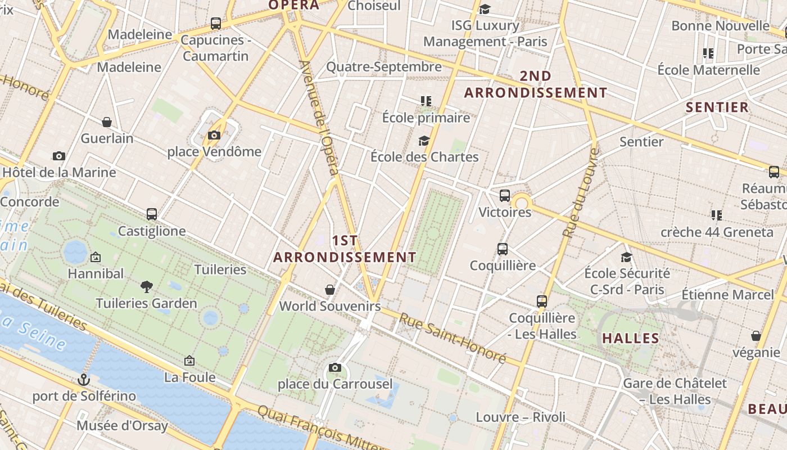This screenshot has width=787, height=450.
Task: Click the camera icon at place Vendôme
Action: point(214,135)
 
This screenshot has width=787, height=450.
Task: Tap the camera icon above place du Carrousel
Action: point(335,368)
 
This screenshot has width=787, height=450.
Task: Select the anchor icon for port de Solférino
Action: point(84,380)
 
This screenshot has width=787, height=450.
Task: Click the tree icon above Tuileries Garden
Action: point(147,287)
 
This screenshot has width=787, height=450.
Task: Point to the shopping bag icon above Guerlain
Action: point(107,122)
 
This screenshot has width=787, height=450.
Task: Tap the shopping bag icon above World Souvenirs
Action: point(331,290)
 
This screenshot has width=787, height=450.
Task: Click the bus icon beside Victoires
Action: point(505,196)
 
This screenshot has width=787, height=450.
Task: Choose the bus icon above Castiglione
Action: point(152,214)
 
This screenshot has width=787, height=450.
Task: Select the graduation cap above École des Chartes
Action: point(424,141)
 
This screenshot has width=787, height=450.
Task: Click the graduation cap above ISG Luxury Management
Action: point(485,9)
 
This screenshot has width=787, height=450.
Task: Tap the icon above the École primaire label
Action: point(426,101)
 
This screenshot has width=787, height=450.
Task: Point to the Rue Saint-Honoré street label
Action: point(453,337)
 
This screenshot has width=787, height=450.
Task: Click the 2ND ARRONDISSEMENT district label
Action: point(535,84)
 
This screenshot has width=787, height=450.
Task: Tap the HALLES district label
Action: point(631,338)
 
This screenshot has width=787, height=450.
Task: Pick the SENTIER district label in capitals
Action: point(717,107)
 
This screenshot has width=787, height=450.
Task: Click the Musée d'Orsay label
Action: point(122,425)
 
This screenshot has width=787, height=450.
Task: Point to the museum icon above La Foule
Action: point(189,361)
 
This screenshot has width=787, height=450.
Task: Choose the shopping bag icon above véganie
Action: point(756,336)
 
